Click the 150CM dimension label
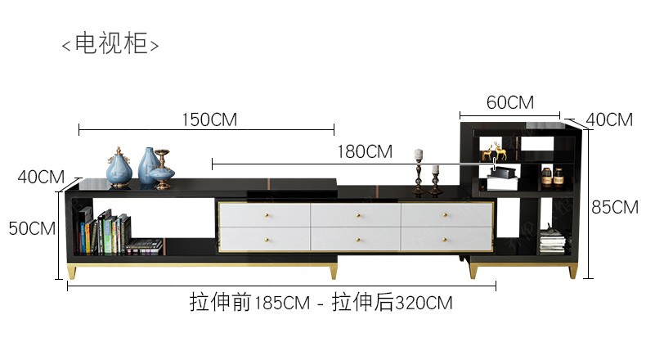coord(209,119)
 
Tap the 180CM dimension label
coord(365,151)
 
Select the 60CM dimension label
coord(510,102)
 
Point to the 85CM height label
coord(615,207)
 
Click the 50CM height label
coord(32,228)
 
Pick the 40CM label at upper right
coord(609,119)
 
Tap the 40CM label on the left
coord(41,177)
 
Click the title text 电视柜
coord(110,43)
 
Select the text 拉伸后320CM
coord(392,302)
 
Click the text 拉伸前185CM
coord(249,302)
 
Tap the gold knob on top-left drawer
coord(267,215)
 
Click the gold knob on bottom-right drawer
coord(445,239)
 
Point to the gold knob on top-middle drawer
coord(358,215)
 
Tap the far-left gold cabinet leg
coord(72,272)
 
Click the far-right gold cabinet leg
coord(572,271)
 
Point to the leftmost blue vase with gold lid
coord(119,168)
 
